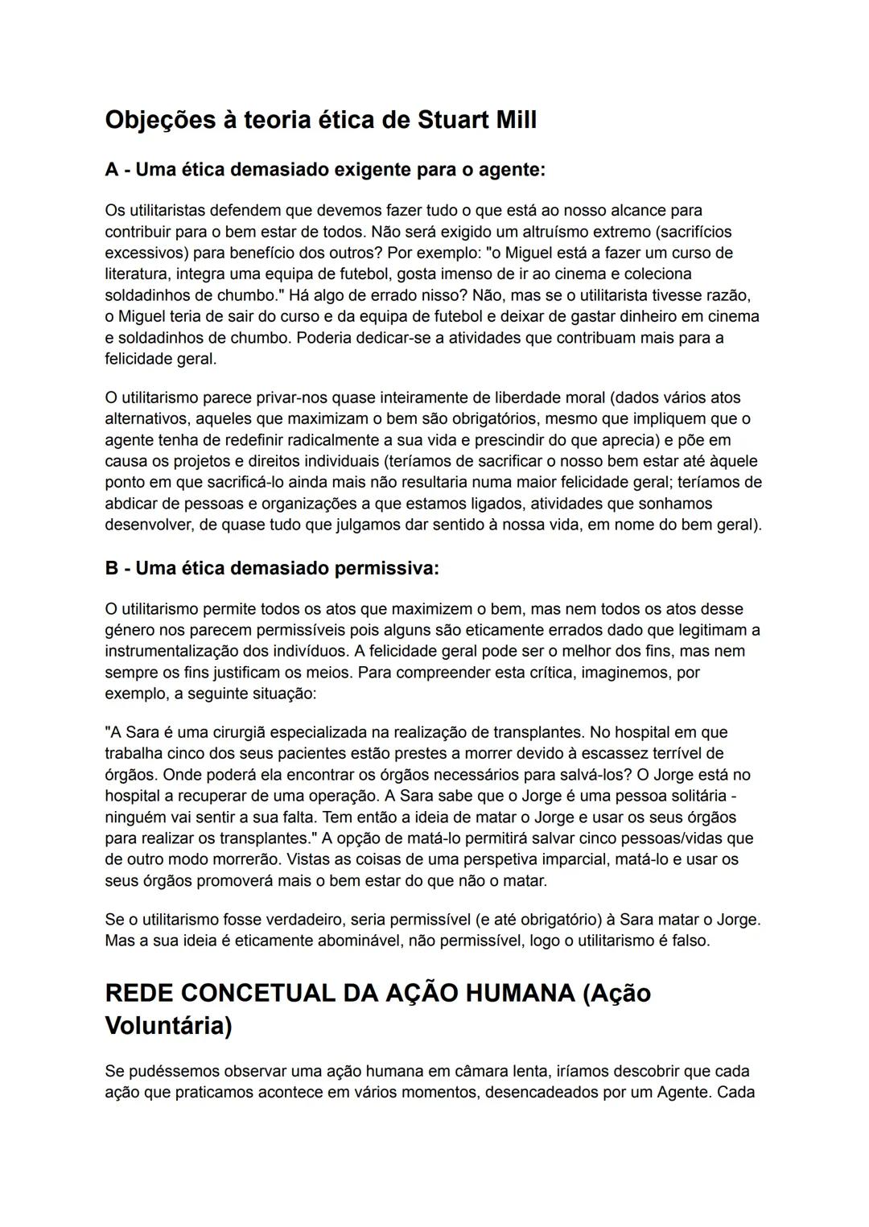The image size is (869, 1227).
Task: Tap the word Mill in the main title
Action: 509,120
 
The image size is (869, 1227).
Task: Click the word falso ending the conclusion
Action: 689,941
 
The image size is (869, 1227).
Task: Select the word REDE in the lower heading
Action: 138,993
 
